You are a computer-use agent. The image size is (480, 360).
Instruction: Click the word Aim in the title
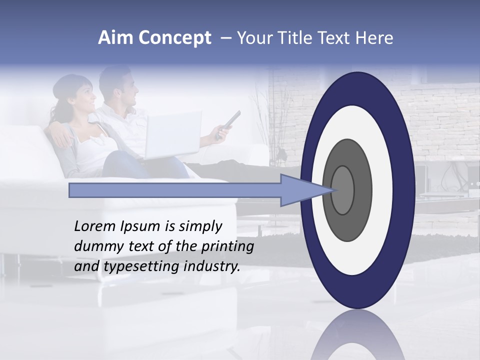(115, 38)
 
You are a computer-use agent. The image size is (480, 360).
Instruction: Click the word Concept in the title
(173, 38)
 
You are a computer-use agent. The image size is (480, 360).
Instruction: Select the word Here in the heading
(375, 38)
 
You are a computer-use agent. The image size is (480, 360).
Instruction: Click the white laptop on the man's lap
(172, 134)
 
